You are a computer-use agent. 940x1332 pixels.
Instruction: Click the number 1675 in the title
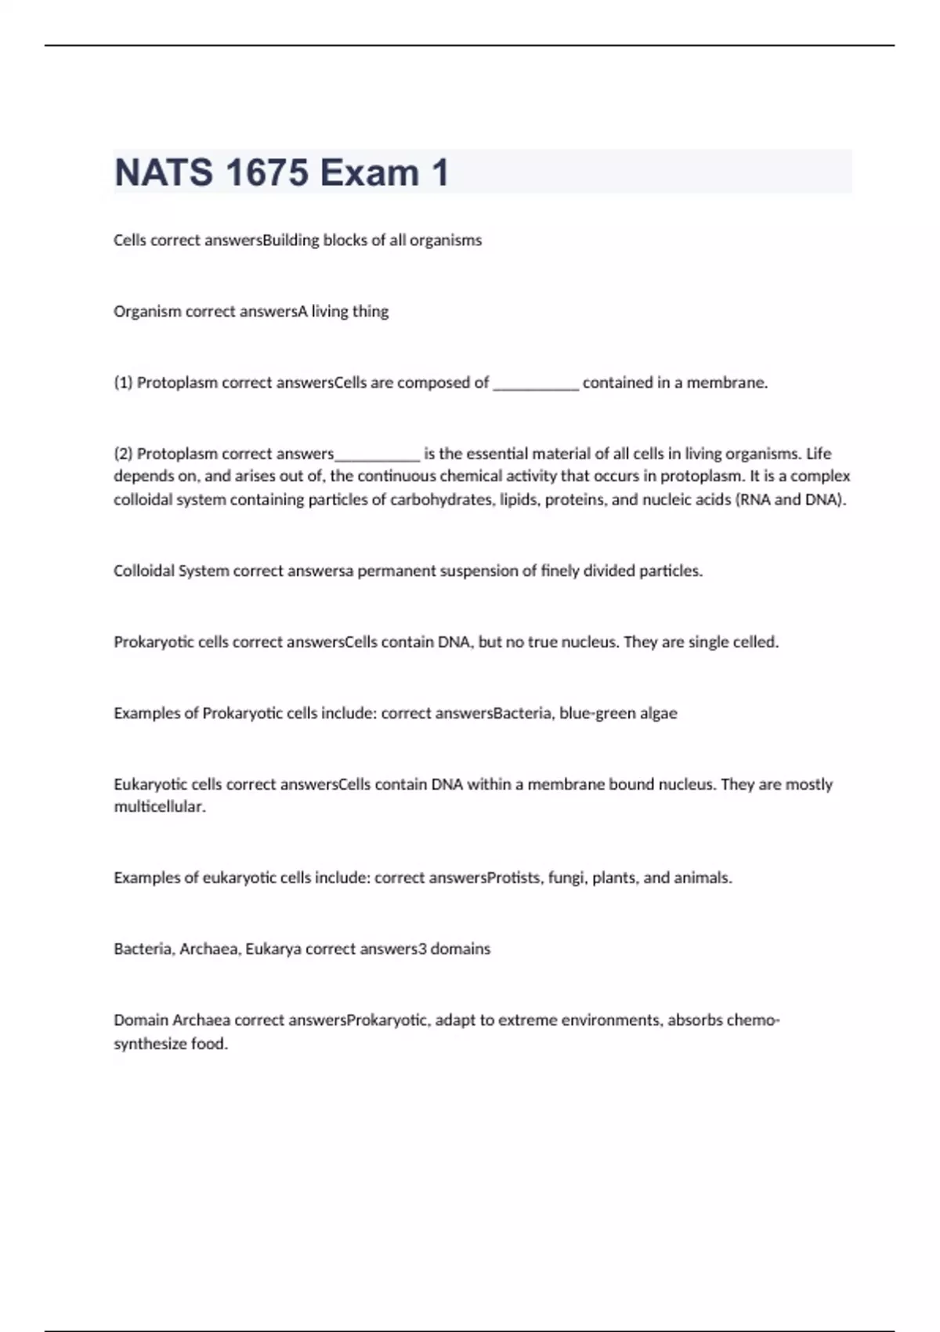pos(267,172)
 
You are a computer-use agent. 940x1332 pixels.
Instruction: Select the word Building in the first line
pos(291,241)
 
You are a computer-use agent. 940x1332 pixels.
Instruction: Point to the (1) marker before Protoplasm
pos(124,383)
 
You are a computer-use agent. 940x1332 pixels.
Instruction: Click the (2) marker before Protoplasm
pos(124,454)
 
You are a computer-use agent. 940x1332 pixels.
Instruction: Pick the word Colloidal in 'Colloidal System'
pos(144,571)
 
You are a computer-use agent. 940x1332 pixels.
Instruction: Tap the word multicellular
pos(160,807)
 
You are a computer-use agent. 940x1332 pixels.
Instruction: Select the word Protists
pos(514,878)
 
